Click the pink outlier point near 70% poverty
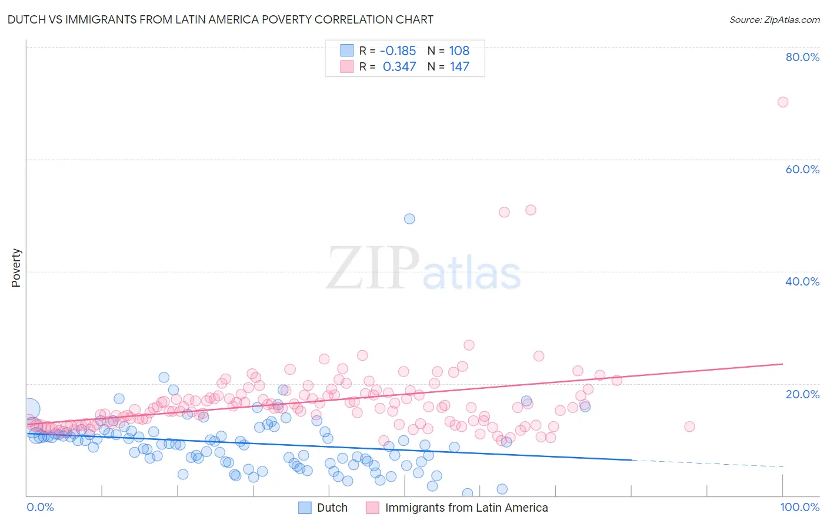(x=782, y=102)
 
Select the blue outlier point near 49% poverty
(x=409, y=219)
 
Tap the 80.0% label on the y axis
(x=802, y=57)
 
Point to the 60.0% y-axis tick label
(x=802, y=169)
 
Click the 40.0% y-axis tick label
(x=802, y=281)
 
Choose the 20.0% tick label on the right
(x=802, y=394)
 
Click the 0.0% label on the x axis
(x=40, y=507)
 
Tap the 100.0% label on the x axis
(x=799, y=507)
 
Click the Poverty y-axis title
(x=16, y=268)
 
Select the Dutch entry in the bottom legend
(x=332, y=508)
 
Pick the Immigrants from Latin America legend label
(x=466, y=508)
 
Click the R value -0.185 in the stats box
(x=398, y=51)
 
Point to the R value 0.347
(x=399, y=67)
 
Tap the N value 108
(x=459, y=51)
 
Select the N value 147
(x=459, y=67)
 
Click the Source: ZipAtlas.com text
(x=774, y=20)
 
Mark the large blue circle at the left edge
(x=29, y=409)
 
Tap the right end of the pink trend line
(x=782, y=364)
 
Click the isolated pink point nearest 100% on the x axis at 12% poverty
(x=689, y=426)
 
